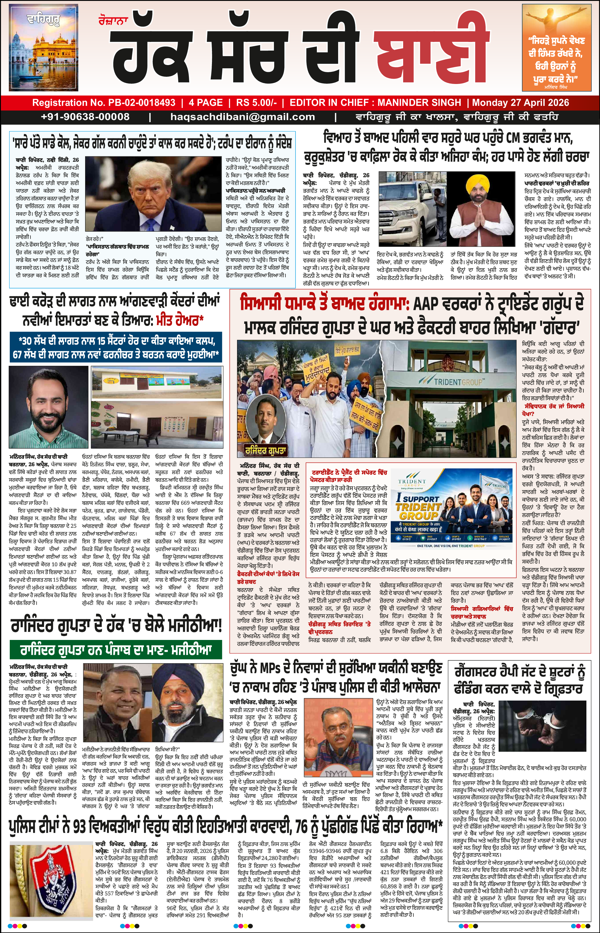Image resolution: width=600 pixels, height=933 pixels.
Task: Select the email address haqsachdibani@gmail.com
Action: click(x=242, y=117)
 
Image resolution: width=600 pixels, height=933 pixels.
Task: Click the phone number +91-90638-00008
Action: click(x=85, y=117)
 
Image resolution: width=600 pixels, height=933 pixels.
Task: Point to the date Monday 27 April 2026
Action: click(x=520, y=103)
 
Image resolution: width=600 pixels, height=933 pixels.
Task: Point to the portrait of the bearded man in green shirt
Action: click(x=48, y=407)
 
